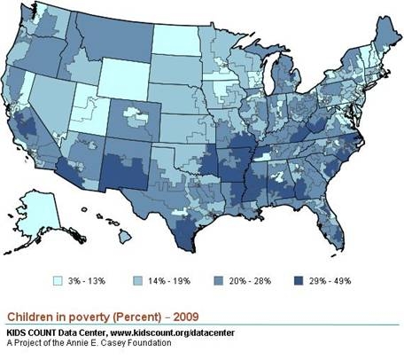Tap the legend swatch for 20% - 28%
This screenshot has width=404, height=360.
click(220, 280)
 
